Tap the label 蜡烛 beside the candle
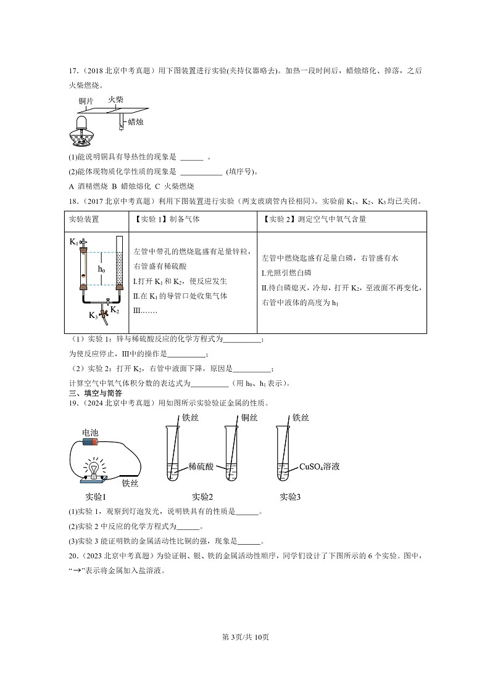click(x=136, y=123)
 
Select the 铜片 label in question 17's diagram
click(x=86, y=101)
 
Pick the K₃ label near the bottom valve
click(x=93, y=315)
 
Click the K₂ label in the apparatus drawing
click(x=115, y=309)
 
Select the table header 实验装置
click(x=84, y=219)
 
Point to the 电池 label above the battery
click(x=90, y=433)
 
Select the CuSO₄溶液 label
click(x=320, y=466)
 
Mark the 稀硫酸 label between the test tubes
click(x=201, y=466)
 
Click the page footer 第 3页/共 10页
click(x=245, y=637)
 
